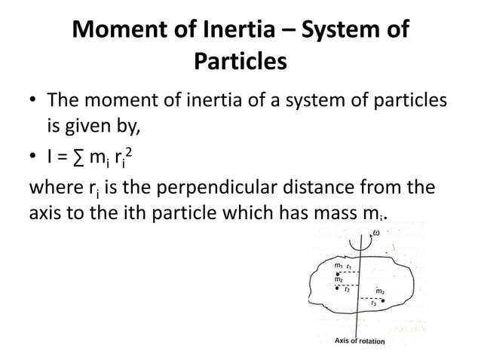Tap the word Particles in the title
tap(240, 60)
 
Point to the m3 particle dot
tap(384, 301)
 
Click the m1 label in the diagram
tap(338, 265)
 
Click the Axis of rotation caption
tap(359, 341)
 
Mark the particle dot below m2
tap(337, 287)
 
